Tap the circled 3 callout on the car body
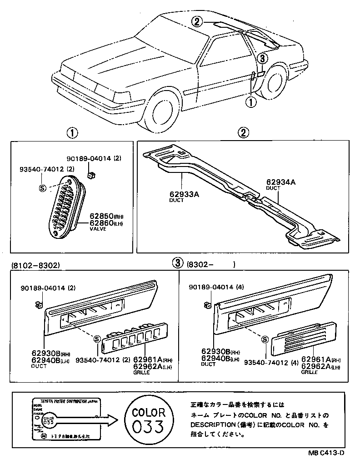point(262,58)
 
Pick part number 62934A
point(280,182)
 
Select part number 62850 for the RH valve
point(101,216)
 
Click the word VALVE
point(98,229)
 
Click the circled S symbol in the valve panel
point(43,188)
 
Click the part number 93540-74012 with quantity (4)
point(270,362)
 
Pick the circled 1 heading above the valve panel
point(72,133)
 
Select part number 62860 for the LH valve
point(101,223)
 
